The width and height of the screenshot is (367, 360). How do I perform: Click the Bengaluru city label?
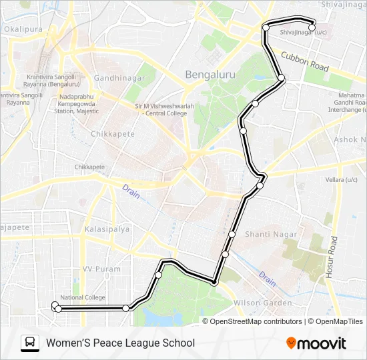click(x=210, y=75)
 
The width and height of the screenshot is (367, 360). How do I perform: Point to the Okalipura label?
click(x=23, y=30)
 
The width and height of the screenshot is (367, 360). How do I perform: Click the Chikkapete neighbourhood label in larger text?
click(x=112, y=134)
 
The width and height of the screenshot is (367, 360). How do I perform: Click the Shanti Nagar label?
click(x=268, y=234)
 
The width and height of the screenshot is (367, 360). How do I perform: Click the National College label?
click(x=83, y=297)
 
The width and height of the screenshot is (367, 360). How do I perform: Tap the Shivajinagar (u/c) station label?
click(x=304, y=32)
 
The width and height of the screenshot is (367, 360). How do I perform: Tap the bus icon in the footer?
click(x=30, y=343)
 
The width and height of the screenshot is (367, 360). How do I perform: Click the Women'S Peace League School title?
click(x=120, y=343)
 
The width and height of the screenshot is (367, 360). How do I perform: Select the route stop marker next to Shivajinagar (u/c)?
click(x=312, y=27)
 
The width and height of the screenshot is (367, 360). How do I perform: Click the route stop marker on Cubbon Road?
click(x=282, y=79)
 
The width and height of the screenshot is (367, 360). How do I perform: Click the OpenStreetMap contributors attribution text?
click(x=256, y=321)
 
